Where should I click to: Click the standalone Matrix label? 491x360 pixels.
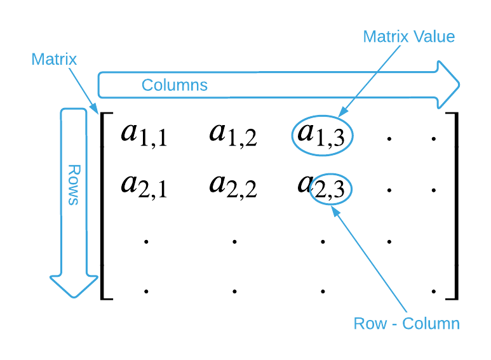54,60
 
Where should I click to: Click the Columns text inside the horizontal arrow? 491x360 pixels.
174,85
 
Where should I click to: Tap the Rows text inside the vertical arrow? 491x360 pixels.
74,185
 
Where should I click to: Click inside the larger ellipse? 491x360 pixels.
322,135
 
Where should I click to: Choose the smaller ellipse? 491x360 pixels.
330,189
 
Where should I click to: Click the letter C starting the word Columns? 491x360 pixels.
147,85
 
